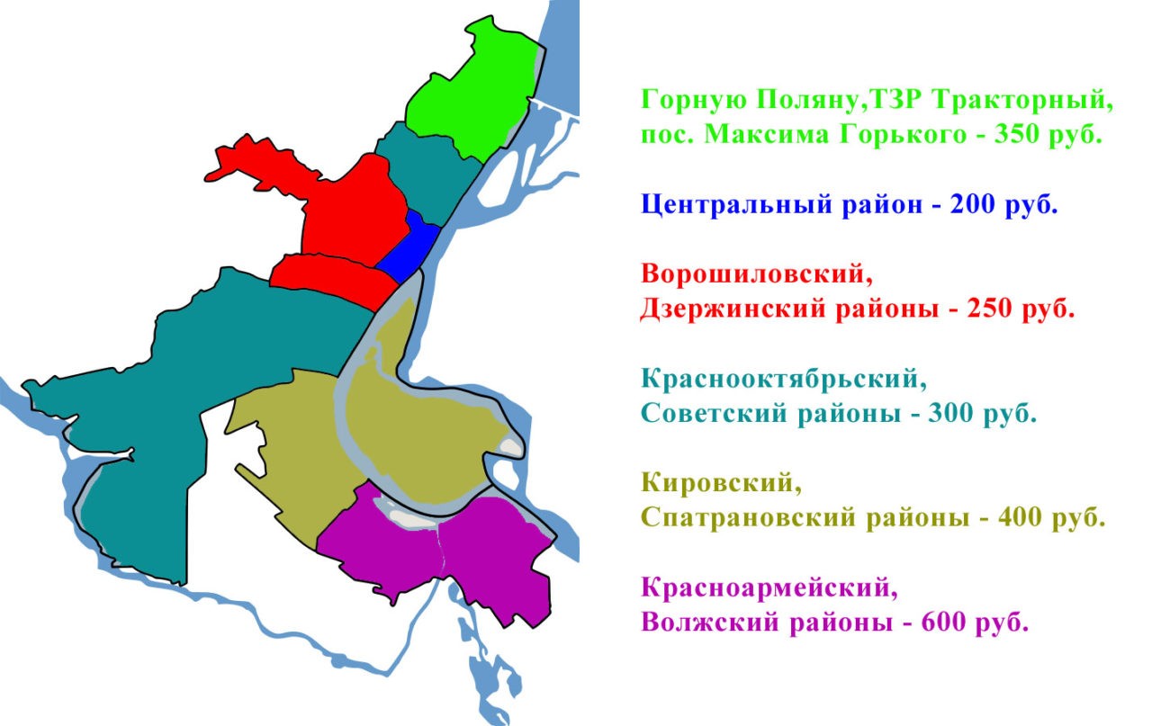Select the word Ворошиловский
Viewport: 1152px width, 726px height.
click(x=757, y=273)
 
